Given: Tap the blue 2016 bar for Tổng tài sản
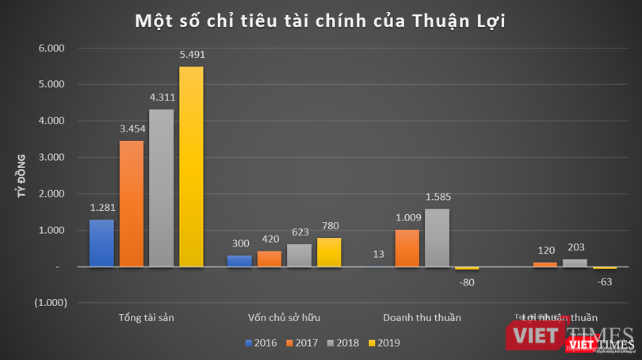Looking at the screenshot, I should tap(101, 243).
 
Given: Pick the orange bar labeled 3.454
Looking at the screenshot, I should tap(132, 204).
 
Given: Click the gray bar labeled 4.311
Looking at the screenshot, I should tap(161, 188).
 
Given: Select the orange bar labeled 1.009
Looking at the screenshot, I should tap(407, 248).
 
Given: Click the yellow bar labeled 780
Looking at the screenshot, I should tap(330, 252).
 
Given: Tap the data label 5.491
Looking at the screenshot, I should tap(191, 54).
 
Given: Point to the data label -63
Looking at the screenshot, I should tap(605, 280).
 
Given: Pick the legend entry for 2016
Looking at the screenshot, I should tap(262, 343).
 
